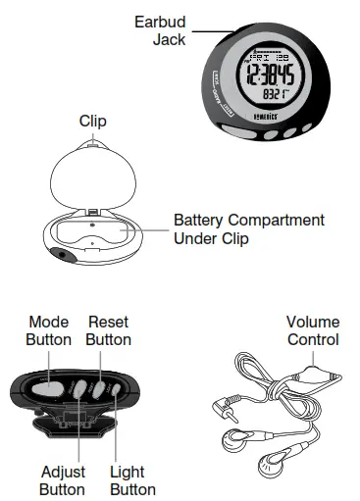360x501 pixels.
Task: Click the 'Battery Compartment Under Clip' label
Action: [x=248, y=229]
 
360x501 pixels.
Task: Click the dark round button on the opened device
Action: [x=62, y=254]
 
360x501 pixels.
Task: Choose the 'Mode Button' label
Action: [x=49, y=330]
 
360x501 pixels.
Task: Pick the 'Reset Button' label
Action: [x=108, y=330]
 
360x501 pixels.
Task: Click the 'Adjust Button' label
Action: [x=62, y=479]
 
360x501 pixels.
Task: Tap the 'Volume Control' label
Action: [x=312, y=330]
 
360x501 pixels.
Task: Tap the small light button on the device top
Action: [x=115, y=392]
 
